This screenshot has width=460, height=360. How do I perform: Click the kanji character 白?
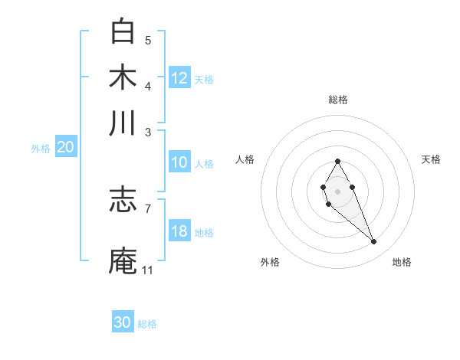(123, 32)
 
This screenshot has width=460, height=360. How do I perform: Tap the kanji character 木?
(123, 77)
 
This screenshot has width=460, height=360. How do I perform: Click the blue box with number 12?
(179, 78)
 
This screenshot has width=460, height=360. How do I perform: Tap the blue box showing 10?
(179, 162)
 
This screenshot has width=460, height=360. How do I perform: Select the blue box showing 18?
(179, 231)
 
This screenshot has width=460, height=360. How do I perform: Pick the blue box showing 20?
(65, 148)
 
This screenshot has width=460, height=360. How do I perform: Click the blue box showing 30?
(123, 322)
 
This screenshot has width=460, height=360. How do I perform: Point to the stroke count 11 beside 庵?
(147, 270)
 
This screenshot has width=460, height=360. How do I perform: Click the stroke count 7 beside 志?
(147, 208)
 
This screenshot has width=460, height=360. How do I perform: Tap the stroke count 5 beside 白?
(147, 40)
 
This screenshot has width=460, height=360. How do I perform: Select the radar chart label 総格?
(337, 100)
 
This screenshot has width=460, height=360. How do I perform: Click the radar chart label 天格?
(431, 159)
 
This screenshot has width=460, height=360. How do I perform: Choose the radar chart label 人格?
(245, 159)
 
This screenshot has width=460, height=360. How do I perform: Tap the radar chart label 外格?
(270, 262)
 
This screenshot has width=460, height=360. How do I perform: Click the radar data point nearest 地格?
(374, 242)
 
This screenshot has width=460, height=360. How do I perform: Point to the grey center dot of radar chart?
(337, 190)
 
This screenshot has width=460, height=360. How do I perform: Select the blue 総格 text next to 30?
(147, 324)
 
